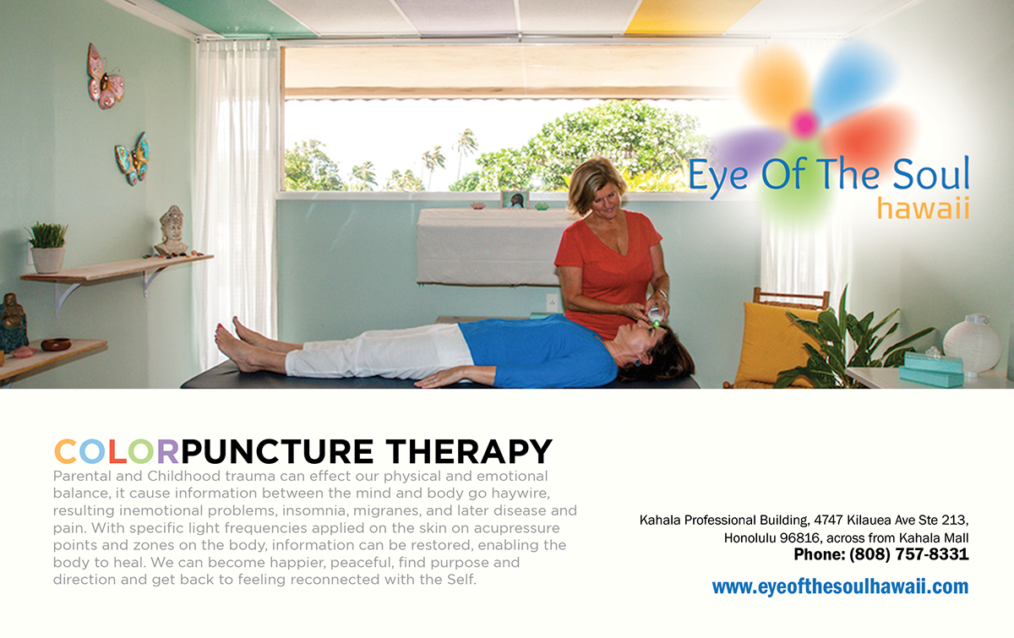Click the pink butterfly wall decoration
coord(106,77)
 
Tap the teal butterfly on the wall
coord(134,159)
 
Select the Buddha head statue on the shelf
coord(172,230)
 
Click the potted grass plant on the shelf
coord(47,248)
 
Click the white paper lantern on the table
coord(972,344)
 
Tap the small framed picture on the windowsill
coord(515,199)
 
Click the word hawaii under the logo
coord(923,210)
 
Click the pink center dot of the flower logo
coord(804,123)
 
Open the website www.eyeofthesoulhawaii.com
coord(840,586)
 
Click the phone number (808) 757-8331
coord(908,554)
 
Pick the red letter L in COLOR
coord(117,451)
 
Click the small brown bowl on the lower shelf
coord(56,345)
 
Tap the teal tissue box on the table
coord(931,370)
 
